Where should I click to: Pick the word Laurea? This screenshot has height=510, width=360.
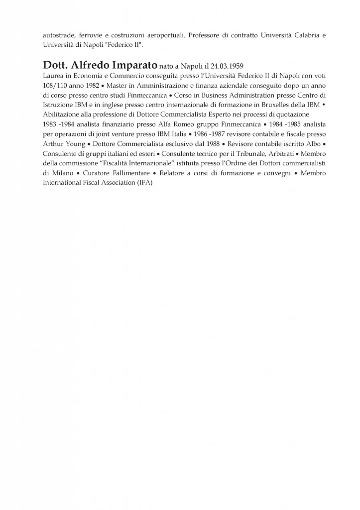coord(54,76)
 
